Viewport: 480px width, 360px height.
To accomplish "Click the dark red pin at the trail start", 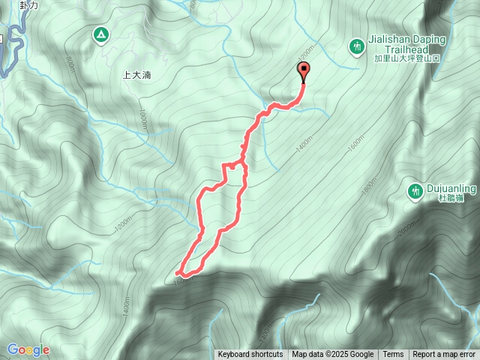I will [x=304, y=72].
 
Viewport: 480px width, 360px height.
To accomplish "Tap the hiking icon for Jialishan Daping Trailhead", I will [x=356, y=47].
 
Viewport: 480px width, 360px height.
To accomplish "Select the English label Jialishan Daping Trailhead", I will [x=406, y=44].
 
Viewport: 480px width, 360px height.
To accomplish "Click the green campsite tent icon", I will [x=100, y=34].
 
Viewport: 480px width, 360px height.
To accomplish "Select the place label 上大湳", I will [x=136, y=75].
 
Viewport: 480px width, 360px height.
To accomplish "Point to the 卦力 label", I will [x=29, y=4].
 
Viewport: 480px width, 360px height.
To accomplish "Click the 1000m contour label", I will [x=142, y=120].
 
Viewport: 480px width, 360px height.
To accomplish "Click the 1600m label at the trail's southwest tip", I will [x=180, y=280].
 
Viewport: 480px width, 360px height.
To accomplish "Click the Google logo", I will [x=28, y=349].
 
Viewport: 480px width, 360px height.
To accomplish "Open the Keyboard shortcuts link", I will [x=250, y=355].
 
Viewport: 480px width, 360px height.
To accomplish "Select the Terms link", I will [x=393, y=355].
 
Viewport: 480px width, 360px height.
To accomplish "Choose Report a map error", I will [x=444, y=355].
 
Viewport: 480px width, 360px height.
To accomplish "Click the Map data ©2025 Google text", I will [x=332, y=355].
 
